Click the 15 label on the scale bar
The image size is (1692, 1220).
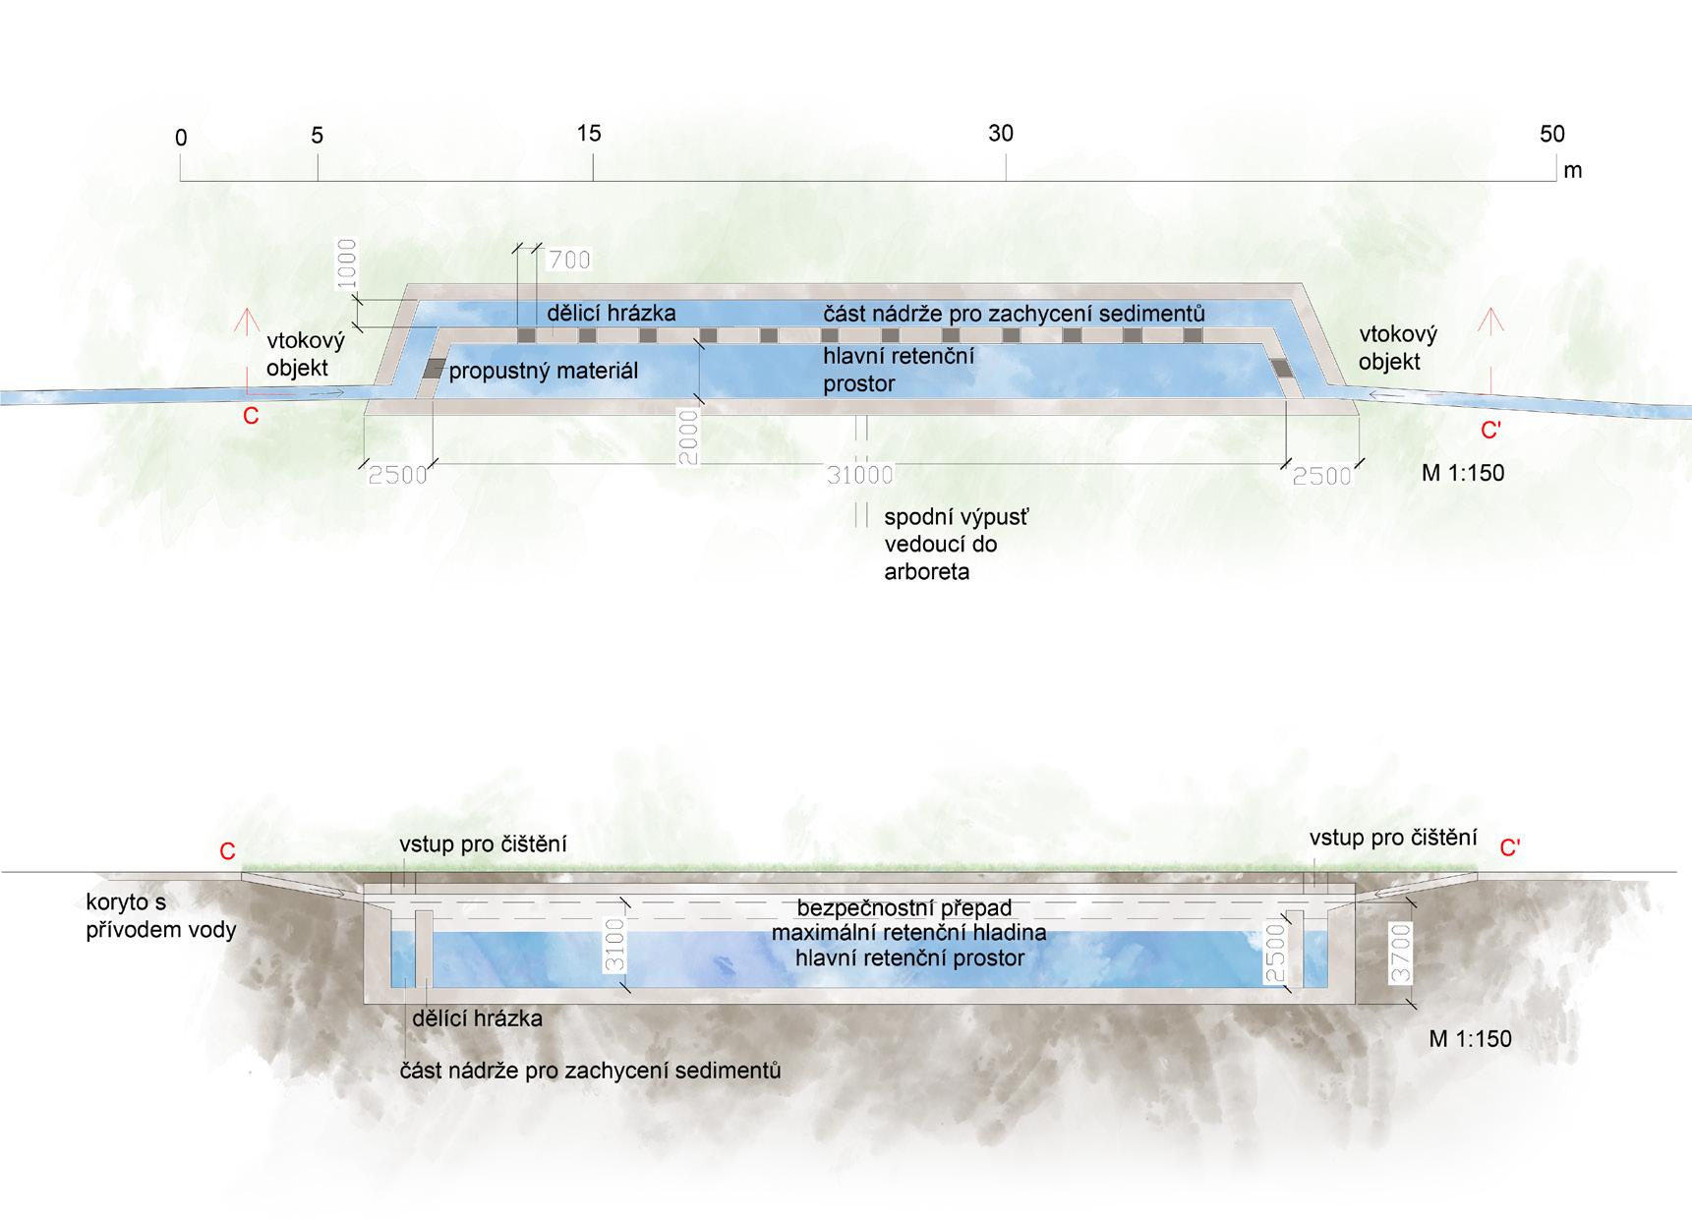589,133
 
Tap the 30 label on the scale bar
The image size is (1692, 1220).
1000,133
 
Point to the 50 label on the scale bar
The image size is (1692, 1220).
1551,134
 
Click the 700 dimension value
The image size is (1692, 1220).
569,260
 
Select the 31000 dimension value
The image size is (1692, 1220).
859,476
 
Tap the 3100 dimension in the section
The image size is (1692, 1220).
615,945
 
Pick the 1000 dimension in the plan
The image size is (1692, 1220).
346,264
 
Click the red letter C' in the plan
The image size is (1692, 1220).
1490,430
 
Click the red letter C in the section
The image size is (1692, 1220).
227,851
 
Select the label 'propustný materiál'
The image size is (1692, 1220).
544,371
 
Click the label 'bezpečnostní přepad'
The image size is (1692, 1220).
904,907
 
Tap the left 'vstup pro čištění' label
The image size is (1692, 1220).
483,843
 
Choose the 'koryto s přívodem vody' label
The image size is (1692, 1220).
161,915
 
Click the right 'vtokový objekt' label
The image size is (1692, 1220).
1397,348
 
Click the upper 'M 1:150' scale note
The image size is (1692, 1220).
1462,473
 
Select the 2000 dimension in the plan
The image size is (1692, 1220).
688,437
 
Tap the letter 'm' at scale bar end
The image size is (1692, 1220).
1572,170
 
